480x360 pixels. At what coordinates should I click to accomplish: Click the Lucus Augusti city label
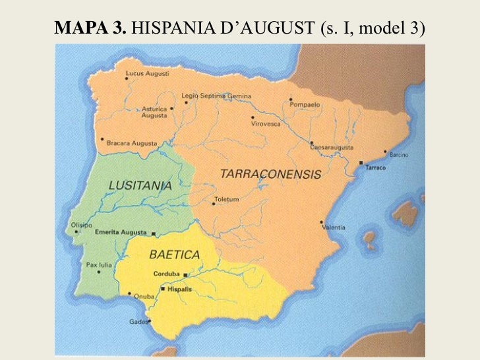point(147,74)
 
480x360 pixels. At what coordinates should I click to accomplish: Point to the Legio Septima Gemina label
point(208,96)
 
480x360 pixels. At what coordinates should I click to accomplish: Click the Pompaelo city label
point(304,104)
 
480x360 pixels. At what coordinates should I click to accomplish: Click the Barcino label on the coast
point(399,155)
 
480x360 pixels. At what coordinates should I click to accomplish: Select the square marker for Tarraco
point(361,162)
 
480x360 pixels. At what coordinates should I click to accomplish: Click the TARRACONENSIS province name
point(270,175)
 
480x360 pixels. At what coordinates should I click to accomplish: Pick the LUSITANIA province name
point(141,186)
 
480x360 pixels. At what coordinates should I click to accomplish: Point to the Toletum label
point(227,199)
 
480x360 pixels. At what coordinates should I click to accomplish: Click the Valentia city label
point(334,227)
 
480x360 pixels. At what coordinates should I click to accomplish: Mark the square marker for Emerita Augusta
point(154,233)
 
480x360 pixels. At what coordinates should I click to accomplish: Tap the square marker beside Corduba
point(186,274)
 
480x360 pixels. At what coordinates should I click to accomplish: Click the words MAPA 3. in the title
point(92,28)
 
